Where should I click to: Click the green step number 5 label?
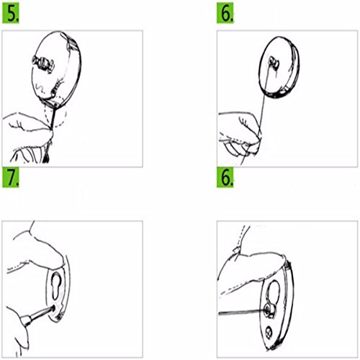(x=11, y=14)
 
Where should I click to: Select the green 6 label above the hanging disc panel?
(x=225, y=14)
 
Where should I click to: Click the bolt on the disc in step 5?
(x=43, y=63)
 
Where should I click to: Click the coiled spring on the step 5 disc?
(x=57, y=87)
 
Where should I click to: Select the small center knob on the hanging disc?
(x=274, y=62)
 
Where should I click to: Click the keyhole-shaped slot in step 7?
(x=56, y=286)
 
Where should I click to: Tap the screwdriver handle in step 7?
(x=27, y=320)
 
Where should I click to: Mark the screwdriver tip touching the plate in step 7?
(x=53, y=308)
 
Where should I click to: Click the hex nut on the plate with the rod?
(x=269, y=310)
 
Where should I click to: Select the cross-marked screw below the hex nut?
(x=269, y=332)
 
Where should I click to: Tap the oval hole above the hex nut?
(x=274, y=291)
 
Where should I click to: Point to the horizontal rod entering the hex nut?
(x=242, y=312)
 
